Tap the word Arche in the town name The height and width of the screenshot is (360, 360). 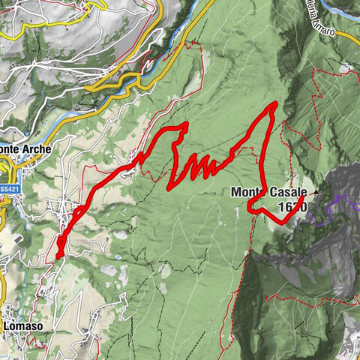pos(36,149)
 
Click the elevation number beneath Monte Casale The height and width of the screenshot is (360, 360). pos(291,206)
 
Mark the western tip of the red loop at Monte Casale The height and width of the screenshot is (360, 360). pos(249,207)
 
